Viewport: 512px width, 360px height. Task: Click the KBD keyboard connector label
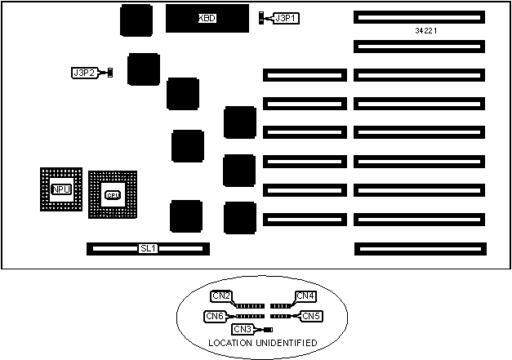207,18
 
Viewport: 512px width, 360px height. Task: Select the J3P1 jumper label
287,17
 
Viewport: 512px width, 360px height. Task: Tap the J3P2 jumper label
85,73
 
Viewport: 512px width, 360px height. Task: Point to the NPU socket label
61,189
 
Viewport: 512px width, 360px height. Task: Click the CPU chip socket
113,194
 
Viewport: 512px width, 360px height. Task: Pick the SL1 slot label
148,247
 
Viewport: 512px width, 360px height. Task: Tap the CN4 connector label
305,296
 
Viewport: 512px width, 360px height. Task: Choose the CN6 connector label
214,315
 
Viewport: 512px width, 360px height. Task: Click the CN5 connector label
310,315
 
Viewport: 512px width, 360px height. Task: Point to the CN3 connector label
243,329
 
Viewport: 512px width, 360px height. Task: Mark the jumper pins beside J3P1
262,17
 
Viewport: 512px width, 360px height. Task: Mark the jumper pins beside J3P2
109,73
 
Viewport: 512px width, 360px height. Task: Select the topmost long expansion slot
419,16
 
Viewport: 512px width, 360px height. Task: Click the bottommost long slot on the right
419,247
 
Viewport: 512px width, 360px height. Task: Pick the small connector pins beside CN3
267,329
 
